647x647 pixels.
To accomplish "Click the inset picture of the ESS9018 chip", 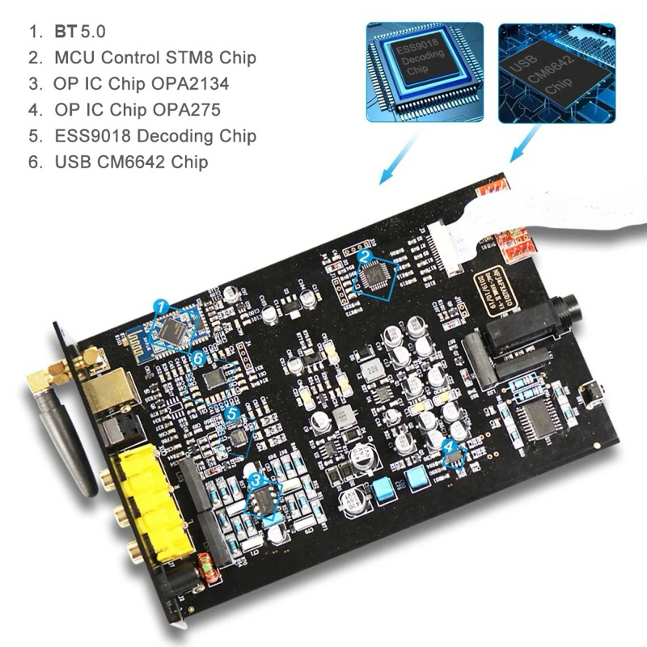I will (425, 72).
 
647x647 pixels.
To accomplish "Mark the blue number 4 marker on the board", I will (450, 446).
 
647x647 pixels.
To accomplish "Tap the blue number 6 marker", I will (198, 356).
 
